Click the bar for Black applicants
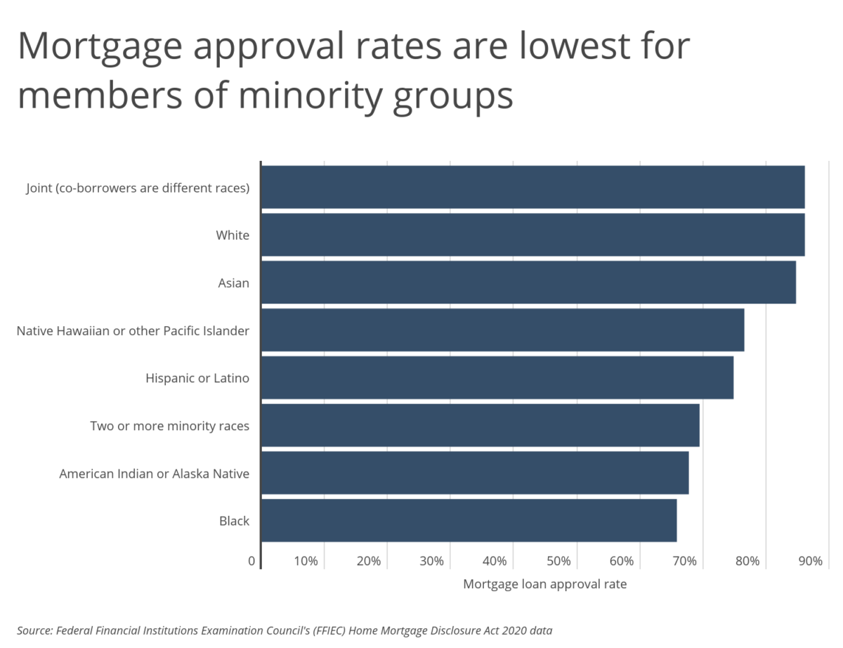(x=469, y=521)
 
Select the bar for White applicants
(x=532, y=235)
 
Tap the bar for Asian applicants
(x=528, y=283)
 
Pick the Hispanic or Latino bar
(x=497, y=378)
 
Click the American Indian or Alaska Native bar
(x=474, y=473)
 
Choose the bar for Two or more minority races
(x=480, y=425)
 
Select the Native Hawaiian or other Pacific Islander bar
(x=502, y=330)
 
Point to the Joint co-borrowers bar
(x=532, y=187)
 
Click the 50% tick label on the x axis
(x=558, y=561)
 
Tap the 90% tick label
(x=810, y=561)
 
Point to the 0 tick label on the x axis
(x=251, y=561)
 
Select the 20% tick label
(x=368, y=561)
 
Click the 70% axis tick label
(x=684, y=561)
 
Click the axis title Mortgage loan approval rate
(x=544, y=584)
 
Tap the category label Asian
(x=233, y=283)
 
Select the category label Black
(x=234, y=521)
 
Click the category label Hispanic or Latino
(x=197, y=378)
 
